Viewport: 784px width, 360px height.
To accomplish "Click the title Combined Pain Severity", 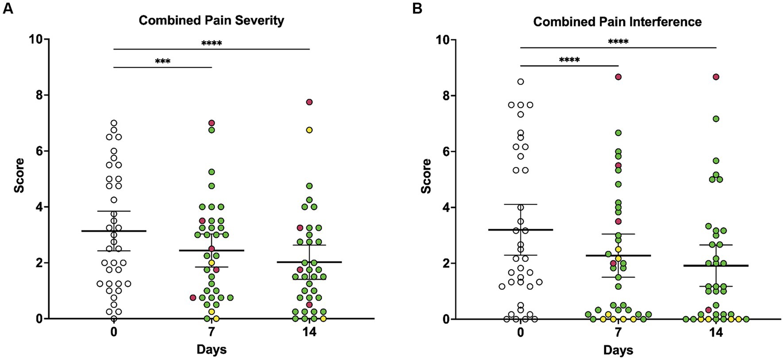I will tap(211, 20).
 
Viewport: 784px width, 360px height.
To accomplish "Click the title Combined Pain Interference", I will tap(617, 22).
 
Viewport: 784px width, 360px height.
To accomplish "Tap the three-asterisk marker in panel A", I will tap(163, 62).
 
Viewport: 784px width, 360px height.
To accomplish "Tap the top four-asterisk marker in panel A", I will tap(212, 43).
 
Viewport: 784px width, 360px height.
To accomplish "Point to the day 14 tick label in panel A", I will tap(309, 332).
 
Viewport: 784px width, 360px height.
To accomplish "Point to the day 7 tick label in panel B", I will tap(618, 333).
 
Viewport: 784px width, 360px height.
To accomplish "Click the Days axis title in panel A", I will tap(212, 349).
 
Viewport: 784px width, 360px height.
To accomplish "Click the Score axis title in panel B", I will tap(426, 176).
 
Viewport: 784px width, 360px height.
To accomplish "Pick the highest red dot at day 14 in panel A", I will tap(309, 102).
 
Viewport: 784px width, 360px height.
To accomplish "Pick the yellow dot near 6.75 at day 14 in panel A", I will tap(309, 130).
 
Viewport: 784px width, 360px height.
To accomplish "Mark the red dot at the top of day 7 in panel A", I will tap(212, 123).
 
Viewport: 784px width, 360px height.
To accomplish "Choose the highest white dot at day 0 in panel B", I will tap(521, 81).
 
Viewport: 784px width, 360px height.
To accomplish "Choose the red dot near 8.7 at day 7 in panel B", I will tap(618, 77).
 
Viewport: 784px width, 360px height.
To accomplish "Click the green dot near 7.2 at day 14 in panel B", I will tap(716, 119).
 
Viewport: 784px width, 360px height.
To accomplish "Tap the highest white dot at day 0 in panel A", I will tap(114, 123).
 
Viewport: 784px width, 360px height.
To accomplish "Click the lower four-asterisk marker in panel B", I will tap(569, 60).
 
